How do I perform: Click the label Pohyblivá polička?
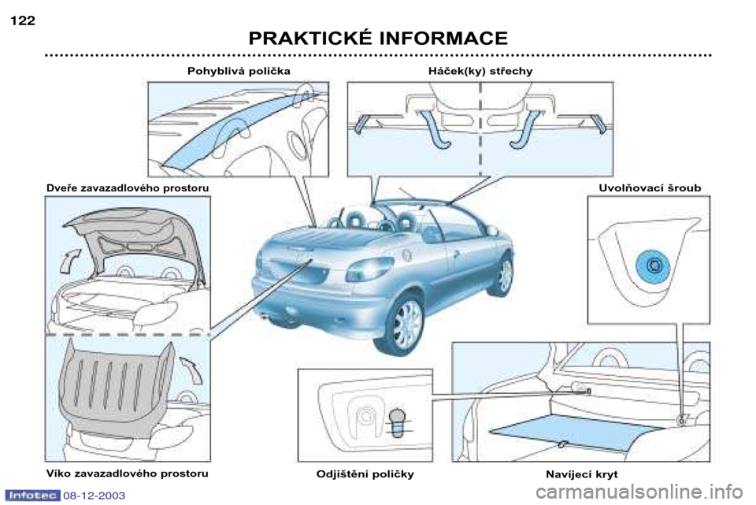coord(239,71)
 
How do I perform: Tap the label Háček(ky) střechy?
coord(480,71)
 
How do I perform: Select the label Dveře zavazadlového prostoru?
coord(127,188)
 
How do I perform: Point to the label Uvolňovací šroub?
coord(650,188)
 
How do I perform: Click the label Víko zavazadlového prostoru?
coord(127,473)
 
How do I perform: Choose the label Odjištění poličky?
coord(365,474)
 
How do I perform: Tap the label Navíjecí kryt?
coord(581,474)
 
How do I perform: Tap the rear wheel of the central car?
coord(406,324)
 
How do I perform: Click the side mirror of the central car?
coord(491,230)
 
